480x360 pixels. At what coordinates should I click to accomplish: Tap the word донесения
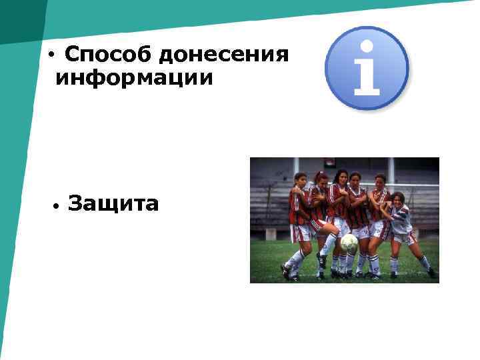click(225, 54)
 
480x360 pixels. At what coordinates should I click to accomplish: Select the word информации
click(135, 79)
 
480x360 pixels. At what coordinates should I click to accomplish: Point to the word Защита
click(113, 203)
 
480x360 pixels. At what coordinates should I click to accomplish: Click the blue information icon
click(366, 68)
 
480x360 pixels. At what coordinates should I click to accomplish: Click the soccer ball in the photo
click(349, 242)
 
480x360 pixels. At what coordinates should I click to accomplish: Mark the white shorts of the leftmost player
click(302, 233)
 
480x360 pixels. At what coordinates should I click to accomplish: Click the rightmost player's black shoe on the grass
click(432, 273)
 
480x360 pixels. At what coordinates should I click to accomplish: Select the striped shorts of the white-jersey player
click(403, 237)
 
